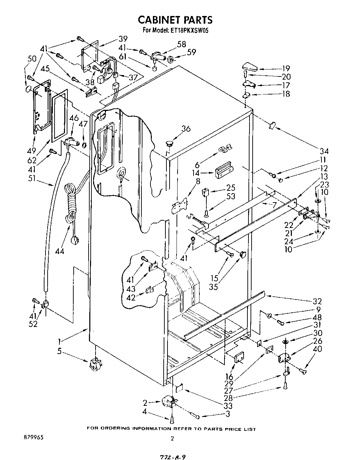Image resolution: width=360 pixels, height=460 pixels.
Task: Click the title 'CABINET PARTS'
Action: [175, 19]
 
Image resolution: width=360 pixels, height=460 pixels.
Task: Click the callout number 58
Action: [181, 44]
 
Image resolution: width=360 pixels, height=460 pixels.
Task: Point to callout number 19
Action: [286, 68]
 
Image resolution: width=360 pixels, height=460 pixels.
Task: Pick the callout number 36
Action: [186, 129]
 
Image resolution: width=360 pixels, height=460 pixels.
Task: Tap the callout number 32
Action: [317, 301]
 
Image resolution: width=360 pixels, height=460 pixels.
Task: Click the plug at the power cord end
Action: [74, 240]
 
